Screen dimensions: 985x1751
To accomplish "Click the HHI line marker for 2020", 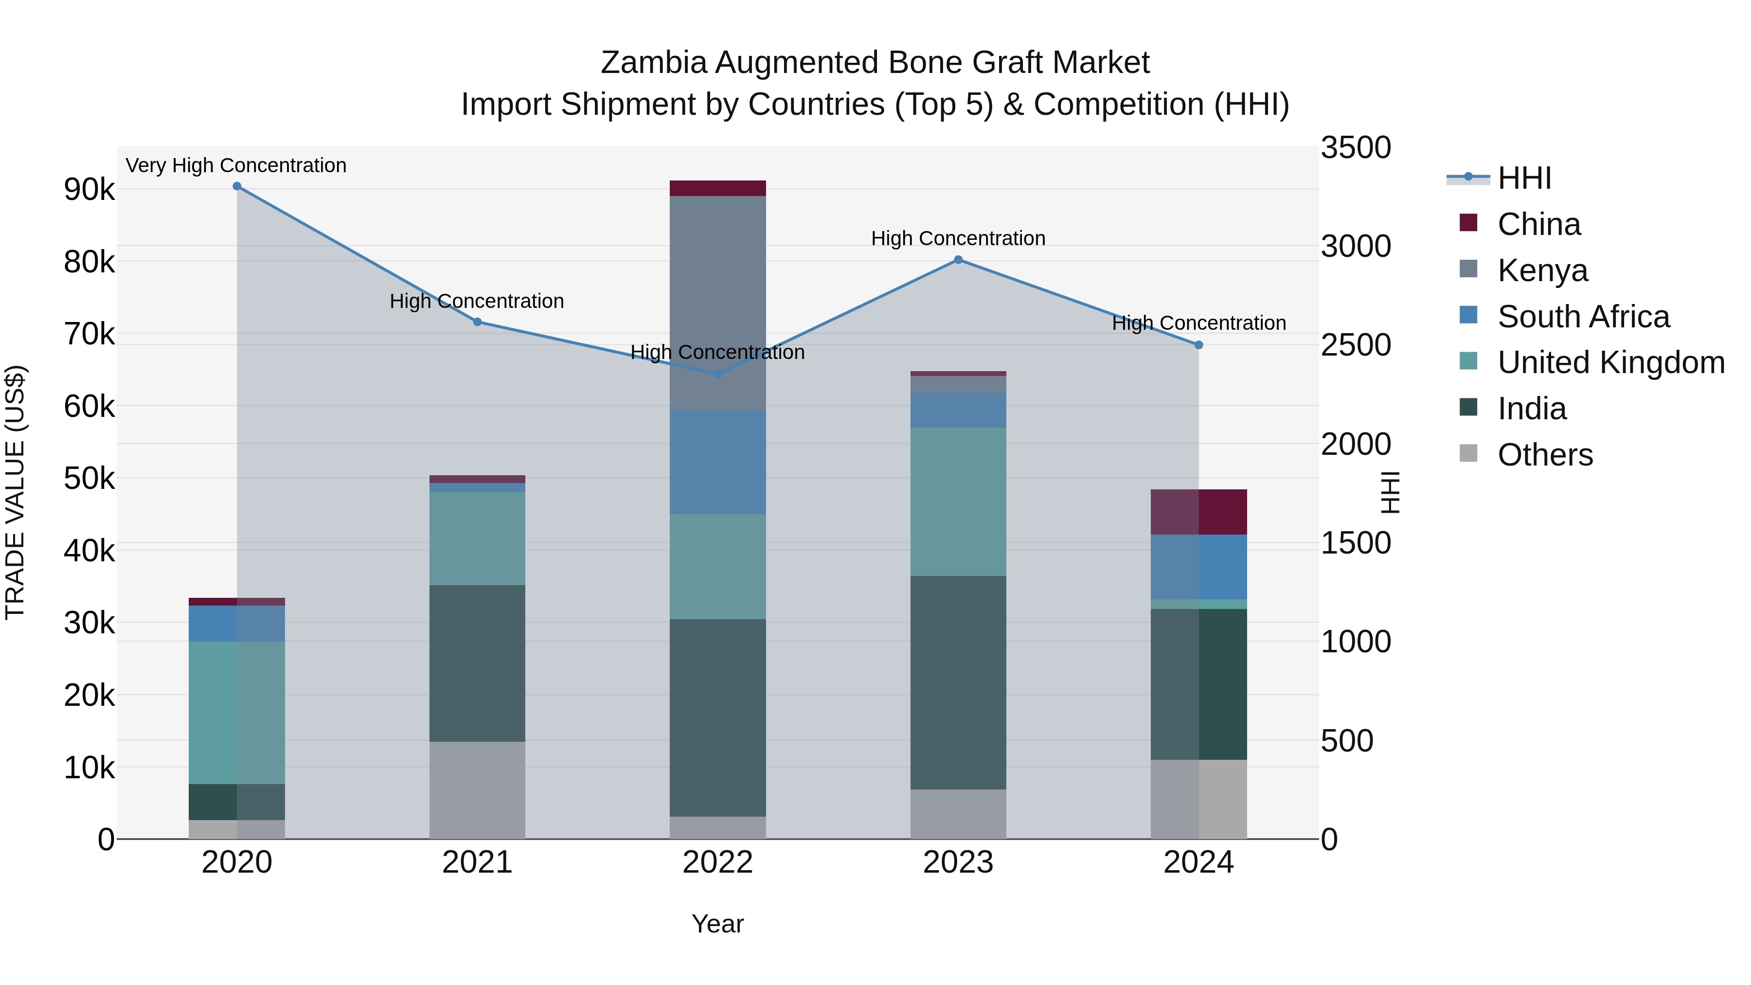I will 236,186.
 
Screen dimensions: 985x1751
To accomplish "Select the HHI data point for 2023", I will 958,260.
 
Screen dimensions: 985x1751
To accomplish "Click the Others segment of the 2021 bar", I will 477,790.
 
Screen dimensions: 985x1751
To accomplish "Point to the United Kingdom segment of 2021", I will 477,538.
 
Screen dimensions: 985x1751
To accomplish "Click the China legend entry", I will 1539,224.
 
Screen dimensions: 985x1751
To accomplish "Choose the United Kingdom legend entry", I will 1611,362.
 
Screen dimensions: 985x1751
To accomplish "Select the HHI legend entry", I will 1525,178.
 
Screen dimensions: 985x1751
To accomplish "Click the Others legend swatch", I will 1469,453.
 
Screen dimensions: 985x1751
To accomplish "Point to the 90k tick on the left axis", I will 89,190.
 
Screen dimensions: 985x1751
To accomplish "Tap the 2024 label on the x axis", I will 1198,862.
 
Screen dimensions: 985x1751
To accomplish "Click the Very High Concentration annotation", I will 236,166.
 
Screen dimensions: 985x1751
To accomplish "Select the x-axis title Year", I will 717,924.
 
